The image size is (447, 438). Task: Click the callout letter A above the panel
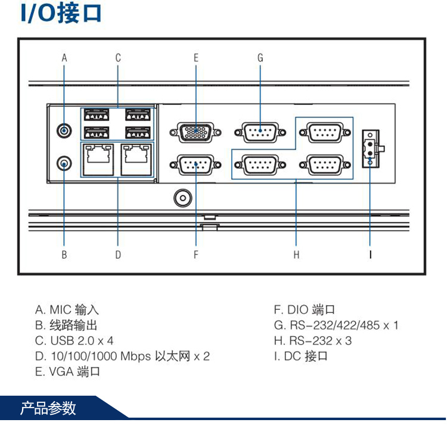pyautogui.click(x=64, y=58)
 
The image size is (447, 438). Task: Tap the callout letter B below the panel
pyautogui.click(x=64, y=254)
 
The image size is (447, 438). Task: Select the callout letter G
pyautogui.click(x=260, y=58)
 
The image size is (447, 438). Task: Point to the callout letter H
pyautogui.click(x=296, y=254)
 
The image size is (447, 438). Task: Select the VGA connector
pyautogui.click(x=195, y=131)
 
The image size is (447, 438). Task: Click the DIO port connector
pyautogui.click(x=195, y=164)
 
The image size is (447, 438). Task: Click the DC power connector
pyautogui.click(x=370, y=148)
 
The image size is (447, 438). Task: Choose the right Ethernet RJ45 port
pyautogui.click(x=136, y=159)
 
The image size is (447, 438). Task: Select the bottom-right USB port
pyautogui.click(x=136, y=131)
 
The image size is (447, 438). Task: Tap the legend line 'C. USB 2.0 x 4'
pyautogui.click(x=74, y=341)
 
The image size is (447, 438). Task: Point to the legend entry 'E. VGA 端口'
pyautogui.click(x=67, y=372)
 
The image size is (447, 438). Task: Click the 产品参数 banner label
pyautogui.click(x=48, y=408)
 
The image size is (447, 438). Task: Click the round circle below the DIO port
pyautogui.click(x=182, y=197)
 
